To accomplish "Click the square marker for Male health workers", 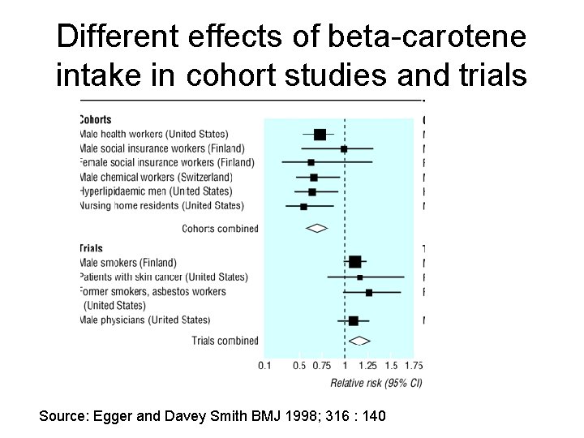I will pos(320,135).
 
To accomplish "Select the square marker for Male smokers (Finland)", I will pos(355,262).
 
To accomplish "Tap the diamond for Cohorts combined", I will pos(316,229).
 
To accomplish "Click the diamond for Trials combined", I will pos(359,341).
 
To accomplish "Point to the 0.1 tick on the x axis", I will pos(264,366).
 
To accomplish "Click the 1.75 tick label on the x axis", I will pos(414,366).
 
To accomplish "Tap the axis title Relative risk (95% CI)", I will pos(376,382).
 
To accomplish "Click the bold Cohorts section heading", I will pos(96,120).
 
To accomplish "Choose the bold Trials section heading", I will pos(91,248).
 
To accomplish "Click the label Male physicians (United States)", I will pos(145,320).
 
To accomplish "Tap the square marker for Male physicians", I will pos(353,321).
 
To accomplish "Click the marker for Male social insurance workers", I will pos(344,149).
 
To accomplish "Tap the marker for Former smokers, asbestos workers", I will pos(369,292).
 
